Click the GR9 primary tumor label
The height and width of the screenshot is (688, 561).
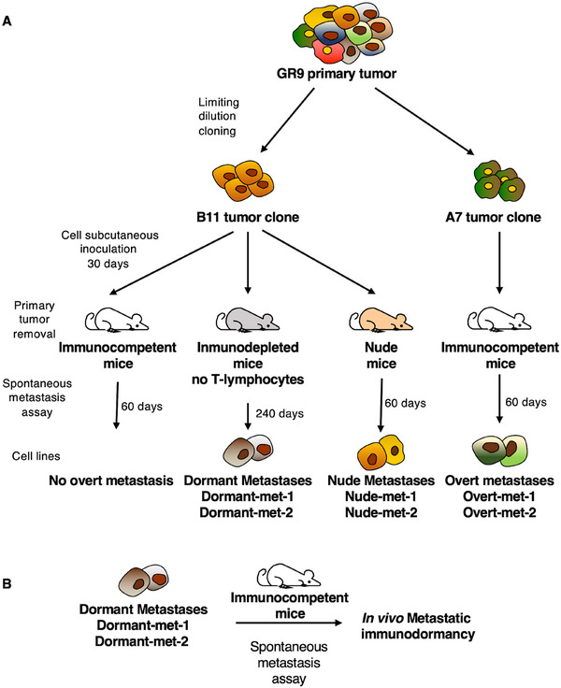click(337, 73)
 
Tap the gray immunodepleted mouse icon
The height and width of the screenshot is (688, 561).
click(247, 320)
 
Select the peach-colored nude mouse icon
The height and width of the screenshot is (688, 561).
click(381, 320)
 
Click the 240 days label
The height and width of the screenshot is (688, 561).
click(280, 413)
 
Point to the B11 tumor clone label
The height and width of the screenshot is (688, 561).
click(248, 217)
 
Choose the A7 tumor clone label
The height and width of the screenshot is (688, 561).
click(493, 217)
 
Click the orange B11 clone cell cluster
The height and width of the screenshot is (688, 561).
click(243, 180)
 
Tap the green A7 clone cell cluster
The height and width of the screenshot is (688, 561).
click(499, 180)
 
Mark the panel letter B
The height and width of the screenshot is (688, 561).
click(7, 584)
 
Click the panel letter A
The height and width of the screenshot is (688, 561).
click(7, 21)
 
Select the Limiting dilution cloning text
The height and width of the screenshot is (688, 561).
click(219, 116)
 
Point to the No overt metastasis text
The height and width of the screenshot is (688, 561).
click(111, 480)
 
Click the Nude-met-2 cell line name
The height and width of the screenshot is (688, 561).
click(381, 512)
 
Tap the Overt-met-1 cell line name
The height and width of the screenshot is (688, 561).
click(499, 496)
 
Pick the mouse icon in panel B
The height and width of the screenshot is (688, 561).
click(288, 578)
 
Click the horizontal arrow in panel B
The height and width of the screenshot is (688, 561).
click(288, 623)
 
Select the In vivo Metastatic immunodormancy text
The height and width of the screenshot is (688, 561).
click(417, 626)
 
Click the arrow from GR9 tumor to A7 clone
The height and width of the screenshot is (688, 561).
click(424, 122)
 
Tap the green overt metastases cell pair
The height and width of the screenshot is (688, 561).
click(500, 451)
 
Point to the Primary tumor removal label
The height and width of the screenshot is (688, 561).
click(35, 320)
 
